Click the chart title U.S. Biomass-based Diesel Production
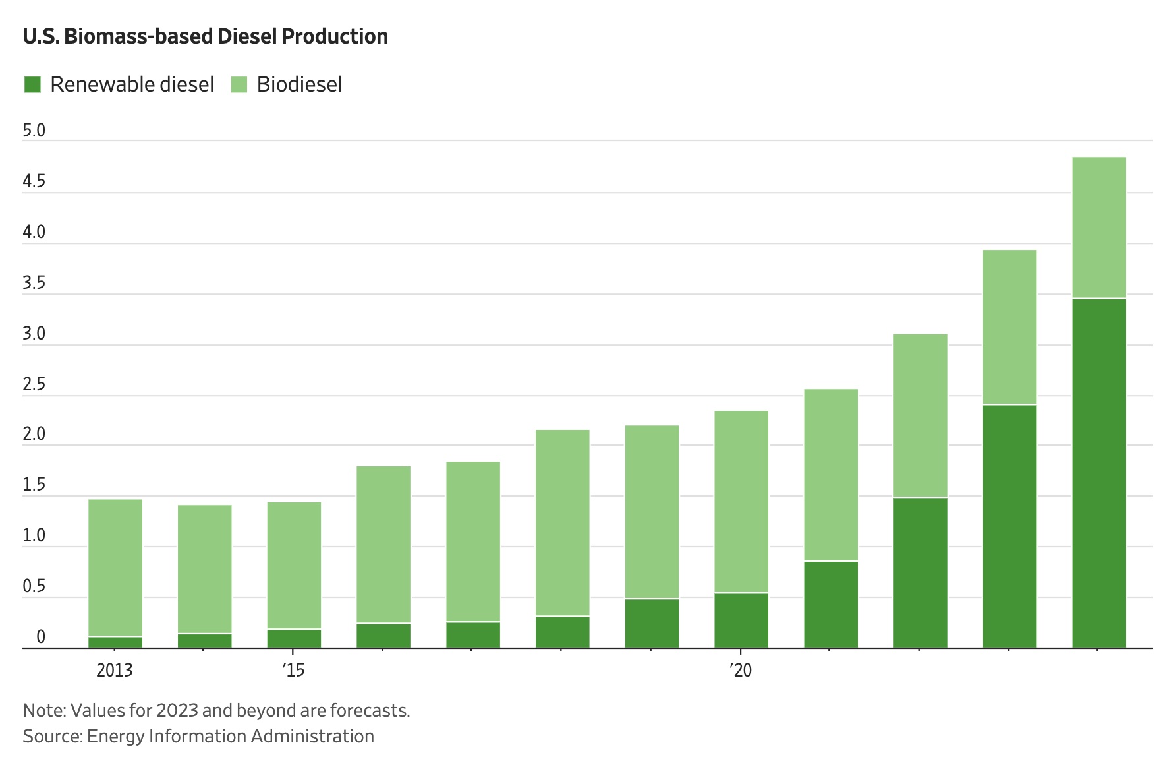[x=205, y=36]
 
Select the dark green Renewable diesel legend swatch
[x=32, y=84]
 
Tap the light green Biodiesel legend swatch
[x=239, y=84]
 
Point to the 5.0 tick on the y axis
[x=34, y=131]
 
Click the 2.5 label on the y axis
[x=34, y=384]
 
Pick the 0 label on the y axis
[x=41, y=637]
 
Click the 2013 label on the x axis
[x=115, y=671]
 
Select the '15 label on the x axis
[x=293, y=671]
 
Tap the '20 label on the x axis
[x=741, y=671]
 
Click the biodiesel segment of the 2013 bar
[x=115, y=567]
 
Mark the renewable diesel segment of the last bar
[x=1098, y=473]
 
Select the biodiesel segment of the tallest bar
[x=1098, y=227]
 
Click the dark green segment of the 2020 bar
[x=741, y=621]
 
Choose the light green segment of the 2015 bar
[x=294, y=565]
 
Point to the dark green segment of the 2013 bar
[x=115, y=642]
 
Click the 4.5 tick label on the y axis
[x=34, y=181]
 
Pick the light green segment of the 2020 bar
[x=741, y=501]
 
